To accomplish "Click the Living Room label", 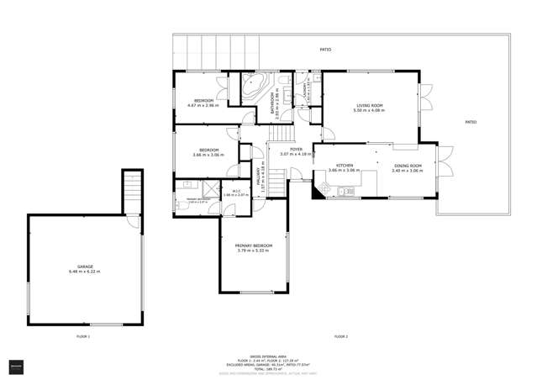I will click(369, 108).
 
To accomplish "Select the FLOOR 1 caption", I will click(82, 336).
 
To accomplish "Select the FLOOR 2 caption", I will click(340, 336).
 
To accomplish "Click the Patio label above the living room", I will click(324, 50).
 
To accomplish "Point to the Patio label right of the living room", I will click(471, 123).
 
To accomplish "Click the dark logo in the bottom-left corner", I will click(16, 367).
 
